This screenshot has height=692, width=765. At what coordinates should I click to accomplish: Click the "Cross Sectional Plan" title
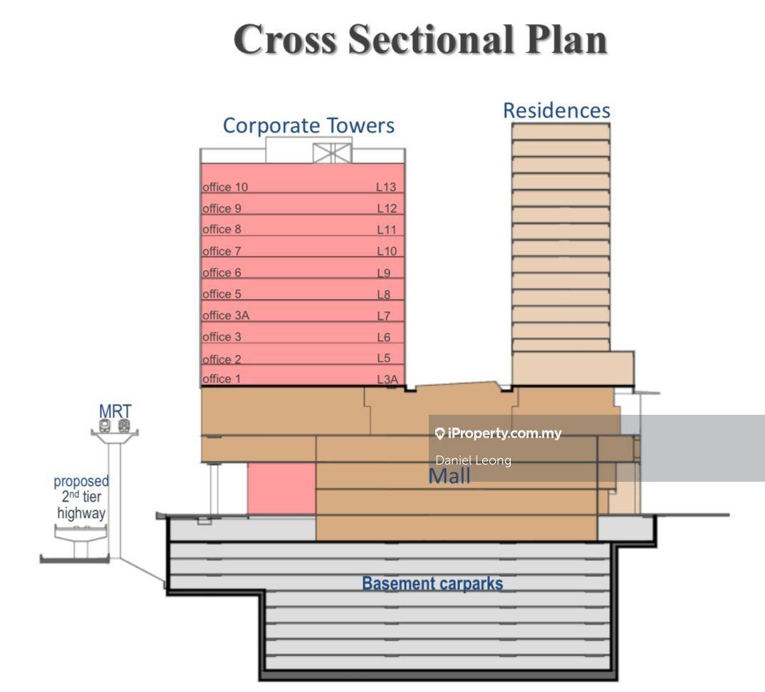420,39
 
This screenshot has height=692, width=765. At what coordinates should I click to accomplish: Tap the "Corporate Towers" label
308,125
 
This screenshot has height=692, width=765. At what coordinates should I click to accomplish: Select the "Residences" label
556,110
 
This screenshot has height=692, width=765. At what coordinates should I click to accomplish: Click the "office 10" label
225,187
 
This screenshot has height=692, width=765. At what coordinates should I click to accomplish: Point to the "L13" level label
386,187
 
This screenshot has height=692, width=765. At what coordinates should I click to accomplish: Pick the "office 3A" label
226,315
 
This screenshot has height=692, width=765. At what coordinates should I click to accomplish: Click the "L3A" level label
387,379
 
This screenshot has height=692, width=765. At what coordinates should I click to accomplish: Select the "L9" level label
384,272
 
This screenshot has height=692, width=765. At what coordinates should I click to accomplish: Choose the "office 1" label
221,378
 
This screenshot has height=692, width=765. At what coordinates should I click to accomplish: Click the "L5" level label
383,358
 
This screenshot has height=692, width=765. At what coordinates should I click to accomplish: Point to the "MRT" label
115,411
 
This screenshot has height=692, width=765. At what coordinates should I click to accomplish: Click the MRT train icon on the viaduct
115,426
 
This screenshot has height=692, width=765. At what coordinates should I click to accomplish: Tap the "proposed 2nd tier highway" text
81,497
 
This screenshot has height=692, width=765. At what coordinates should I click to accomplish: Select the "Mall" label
449,476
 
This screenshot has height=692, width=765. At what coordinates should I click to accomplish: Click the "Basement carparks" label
432,584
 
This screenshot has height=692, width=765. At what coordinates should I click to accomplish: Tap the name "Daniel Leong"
473,460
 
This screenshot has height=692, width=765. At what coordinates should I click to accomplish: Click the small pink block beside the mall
281,487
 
